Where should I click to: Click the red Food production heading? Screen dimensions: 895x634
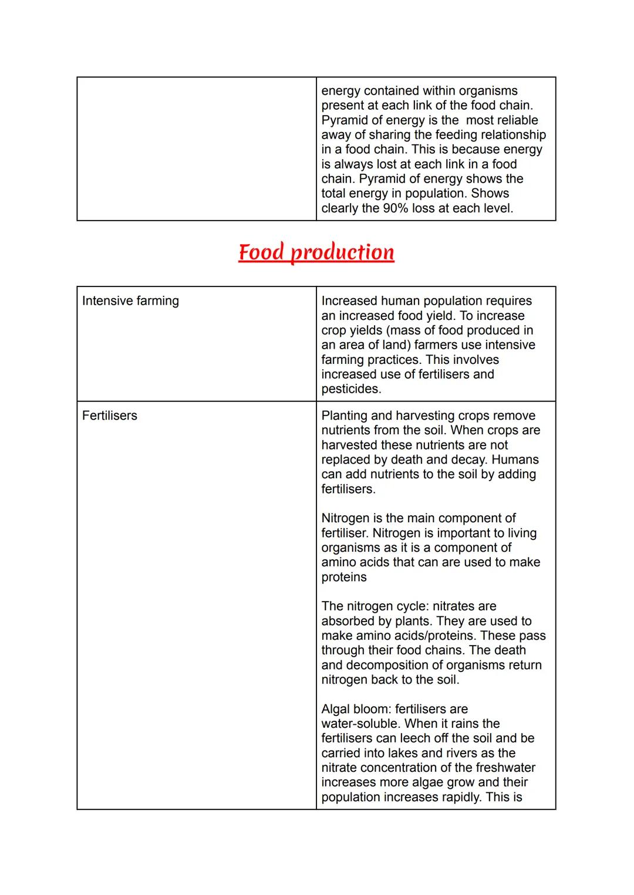pyautogui.click(x=316, y=252)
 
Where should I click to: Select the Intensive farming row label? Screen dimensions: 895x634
pyautogui.click(x=130, y=301)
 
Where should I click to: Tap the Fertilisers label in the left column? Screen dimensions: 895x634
pyautogui.click(x=110, y=416)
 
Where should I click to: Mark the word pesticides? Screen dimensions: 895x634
pyautogui.click(x=351, y=389)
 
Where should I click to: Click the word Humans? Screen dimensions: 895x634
pyautogui.click(x=515, y=460)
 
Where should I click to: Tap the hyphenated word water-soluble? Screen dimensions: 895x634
pyautogui.click(x=360, y=724)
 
